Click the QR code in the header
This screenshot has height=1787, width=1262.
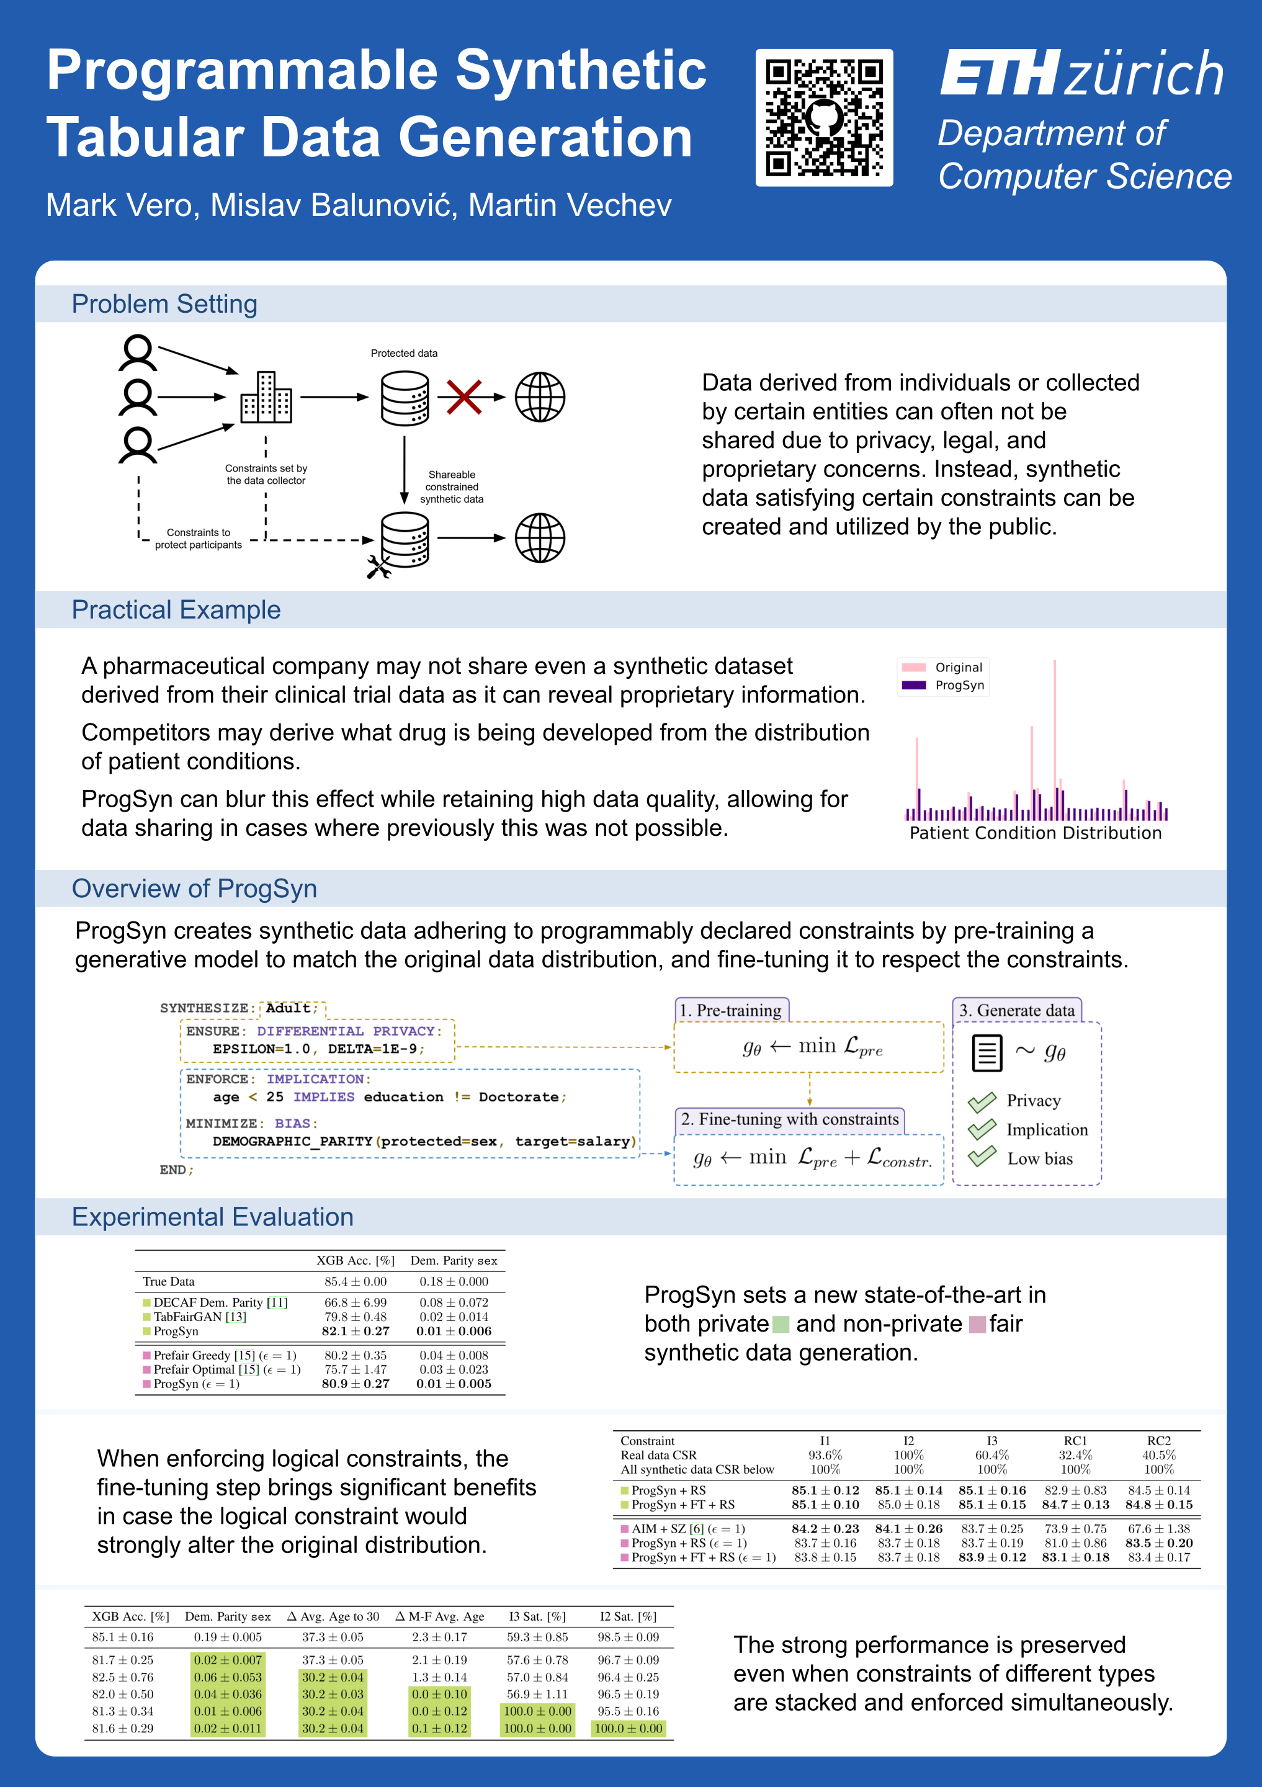coord(824,117)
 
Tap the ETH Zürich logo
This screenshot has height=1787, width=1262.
coord(1082,73)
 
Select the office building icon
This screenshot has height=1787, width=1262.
coord(266,397)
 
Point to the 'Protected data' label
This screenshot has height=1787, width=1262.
coord(404,353)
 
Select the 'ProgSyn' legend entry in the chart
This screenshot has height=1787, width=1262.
coord(959,685)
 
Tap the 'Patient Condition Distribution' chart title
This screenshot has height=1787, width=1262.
coord(1035,833)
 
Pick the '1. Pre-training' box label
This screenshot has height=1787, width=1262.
coord(731,1010)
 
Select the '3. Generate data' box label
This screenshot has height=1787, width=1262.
coord(1016,1010)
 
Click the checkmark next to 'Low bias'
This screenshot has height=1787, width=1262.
coord(982,1157)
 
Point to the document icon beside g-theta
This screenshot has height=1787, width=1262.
coord(987,1052)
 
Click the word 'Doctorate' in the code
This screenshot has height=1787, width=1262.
coord(518,1096)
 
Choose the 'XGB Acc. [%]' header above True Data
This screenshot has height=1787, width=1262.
coord(356,1260)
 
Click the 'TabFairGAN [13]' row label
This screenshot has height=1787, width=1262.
coord(199,1317)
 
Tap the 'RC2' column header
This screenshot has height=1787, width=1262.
coord(1158,1441)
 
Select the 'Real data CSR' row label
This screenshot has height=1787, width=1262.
coord(658,1454)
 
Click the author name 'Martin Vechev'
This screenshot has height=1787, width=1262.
coord(570,205)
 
